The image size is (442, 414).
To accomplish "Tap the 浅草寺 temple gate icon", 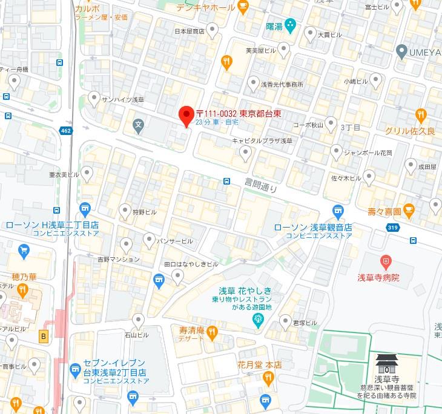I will tap(385, 363).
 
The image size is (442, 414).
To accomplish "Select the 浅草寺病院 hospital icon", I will tap(385, 262).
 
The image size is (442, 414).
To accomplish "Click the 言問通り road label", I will tap(261, 184).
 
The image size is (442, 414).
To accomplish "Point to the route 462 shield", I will tap(66, 130).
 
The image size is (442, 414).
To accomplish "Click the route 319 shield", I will tap(392, 227).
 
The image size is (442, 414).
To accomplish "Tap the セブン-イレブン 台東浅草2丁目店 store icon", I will tap(75, 368).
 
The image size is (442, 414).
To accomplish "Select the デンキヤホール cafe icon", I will tap(243, 7).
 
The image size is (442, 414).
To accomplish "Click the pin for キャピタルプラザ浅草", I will tap(245, 154).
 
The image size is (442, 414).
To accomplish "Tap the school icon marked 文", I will tap(139, 127).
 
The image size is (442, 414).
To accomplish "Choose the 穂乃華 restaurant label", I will tap(24, 277).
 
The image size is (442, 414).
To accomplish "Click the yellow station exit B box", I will tap(42, 337).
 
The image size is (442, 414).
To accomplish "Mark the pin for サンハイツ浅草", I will tap(94, 98).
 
